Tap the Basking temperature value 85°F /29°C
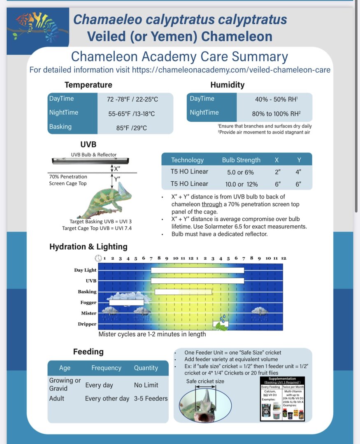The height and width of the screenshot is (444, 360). coord(131,128)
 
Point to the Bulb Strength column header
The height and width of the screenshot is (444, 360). coord(241,160)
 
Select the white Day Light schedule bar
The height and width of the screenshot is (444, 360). coord(197,270)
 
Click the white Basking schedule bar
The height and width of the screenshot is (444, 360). coord(183,291)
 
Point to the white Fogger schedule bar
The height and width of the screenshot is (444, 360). coord(126,303)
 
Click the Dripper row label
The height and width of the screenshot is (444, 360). coord(87,324)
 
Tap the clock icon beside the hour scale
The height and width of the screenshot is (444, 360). coord(98,258)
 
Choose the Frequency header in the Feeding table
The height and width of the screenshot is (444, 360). coord(106,368)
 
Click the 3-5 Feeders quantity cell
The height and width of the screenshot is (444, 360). coord(151,398)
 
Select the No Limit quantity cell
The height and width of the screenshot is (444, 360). coord(146,385)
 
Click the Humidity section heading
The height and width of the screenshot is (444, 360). coord(227,85)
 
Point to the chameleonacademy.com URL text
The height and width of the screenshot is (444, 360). coord(231,70)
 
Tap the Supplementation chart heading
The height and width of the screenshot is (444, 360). coord(282,379)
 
